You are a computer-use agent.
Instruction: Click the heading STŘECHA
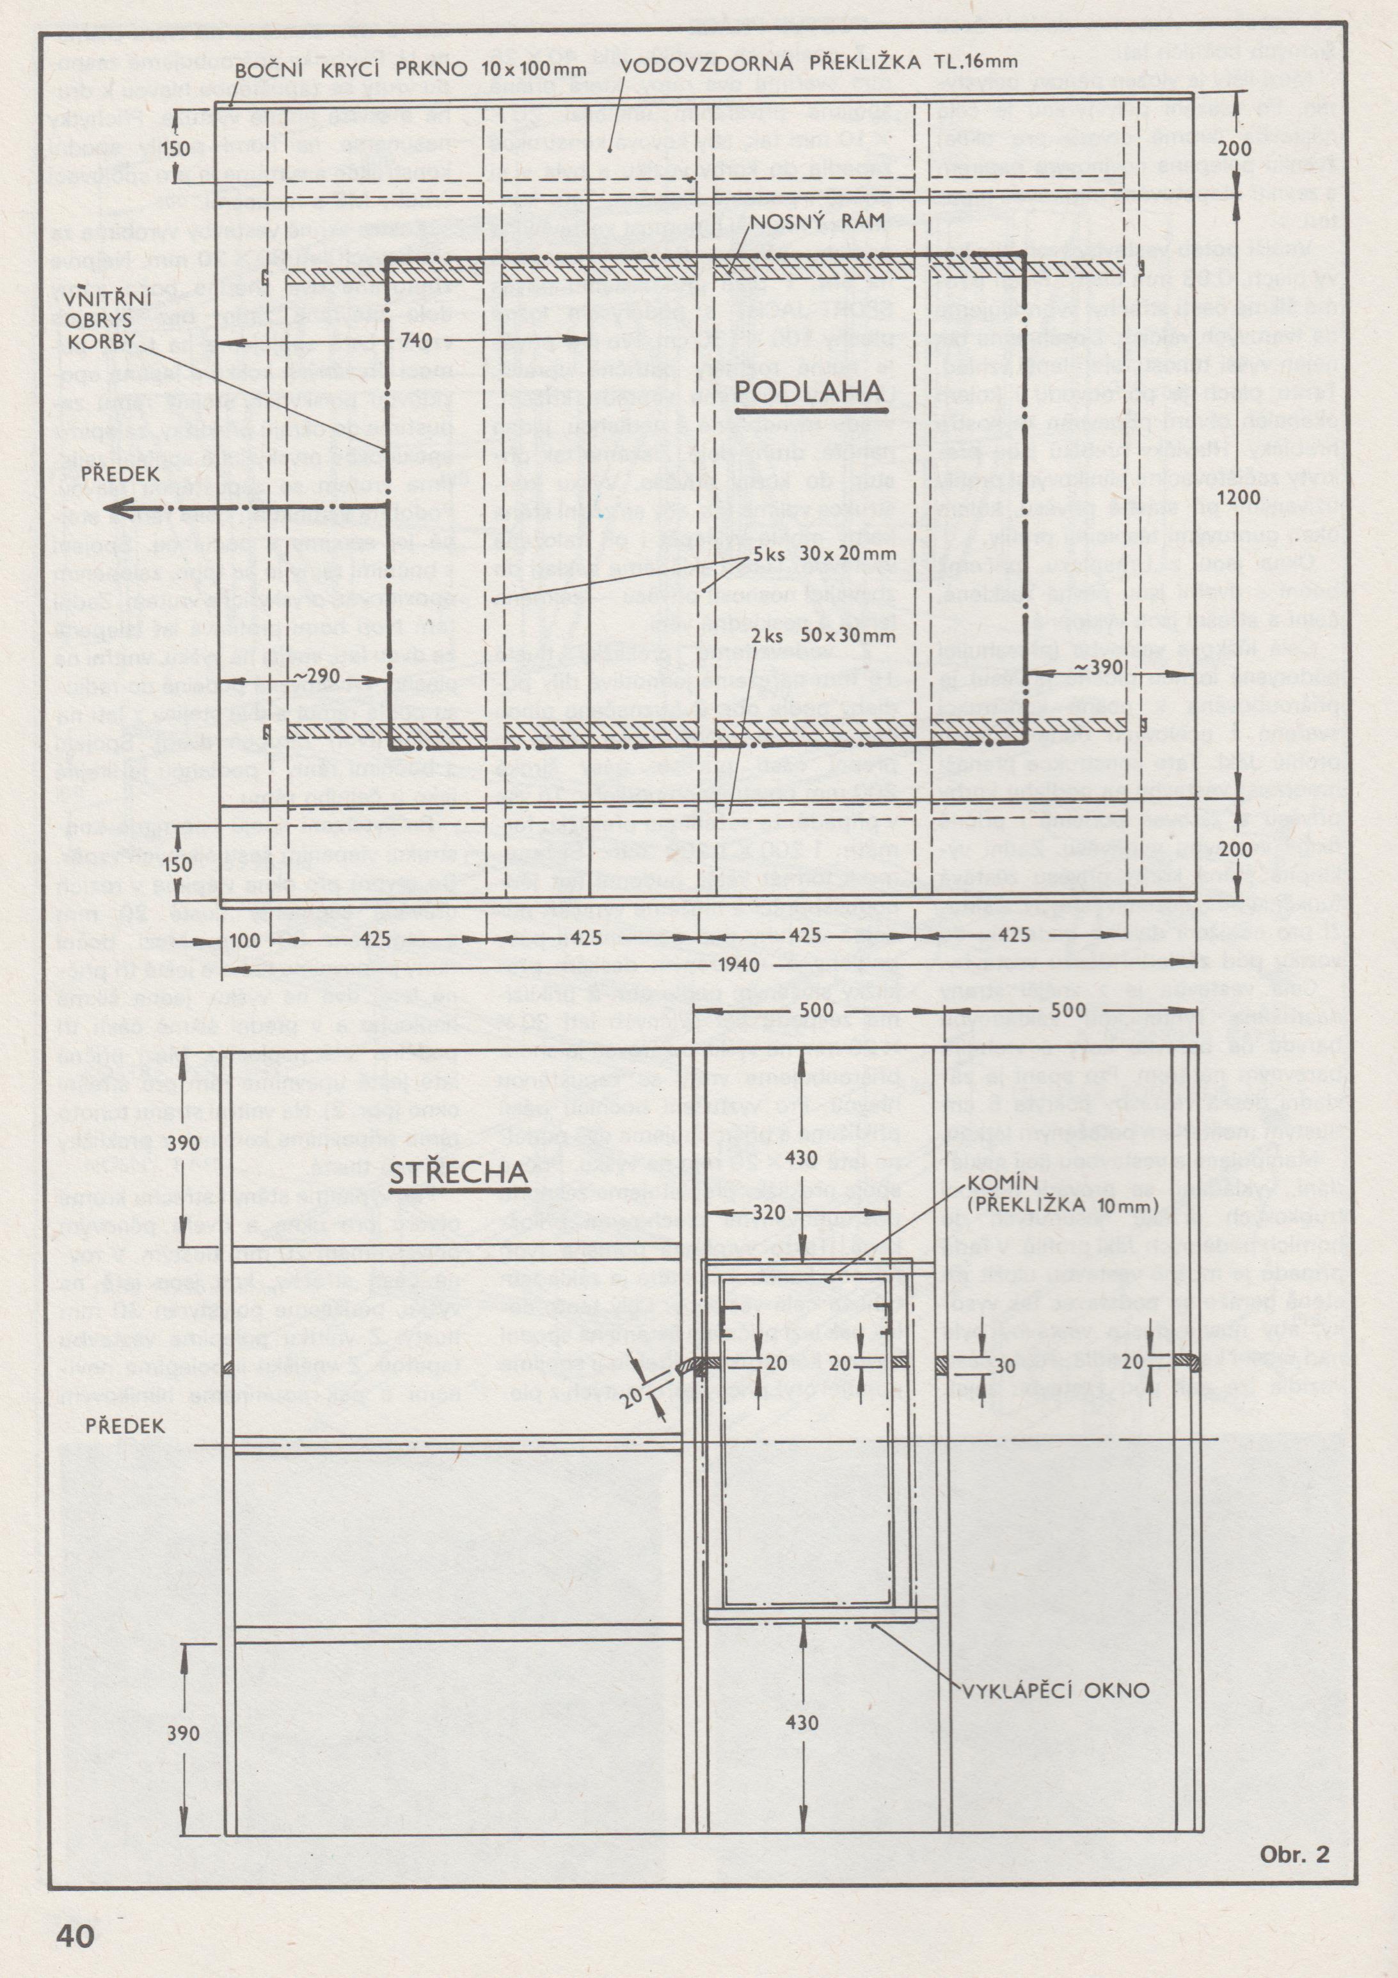(459, 1172)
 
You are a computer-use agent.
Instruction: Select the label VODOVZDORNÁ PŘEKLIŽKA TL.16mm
(819, 62)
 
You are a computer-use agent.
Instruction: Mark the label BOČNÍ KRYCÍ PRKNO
(353, 68)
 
